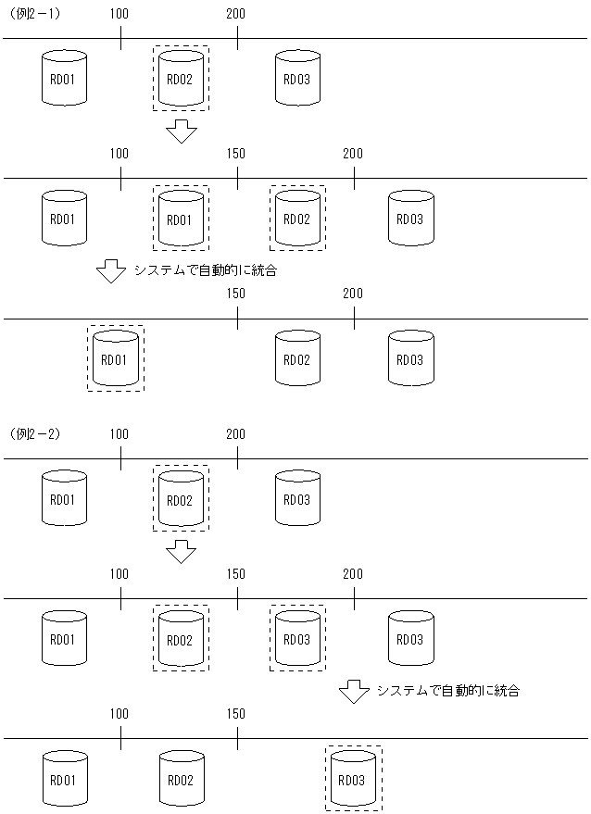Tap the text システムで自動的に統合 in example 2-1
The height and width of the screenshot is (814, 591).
tap(205, 271)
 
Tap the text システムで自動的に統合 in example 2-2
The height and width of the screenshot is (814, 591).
tap(447, 691)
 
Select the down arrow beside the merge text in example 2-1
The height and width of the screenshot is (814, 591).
tap(111, 271)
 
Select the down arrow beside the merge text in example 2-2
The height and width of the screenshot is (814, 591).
tap(353, 691)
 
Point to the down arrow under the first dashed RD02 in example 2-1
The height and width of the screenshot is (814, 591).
tap(182, 131)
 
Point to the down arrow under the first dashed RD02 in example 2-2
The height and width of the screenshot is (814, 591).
tap(182, 551)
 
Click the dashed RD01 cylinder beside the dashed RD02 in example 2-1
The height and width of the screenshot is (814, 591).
tap(180, 219)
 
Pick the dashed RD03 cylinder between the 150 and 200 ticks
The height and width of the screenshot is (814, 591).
tap(296, 639)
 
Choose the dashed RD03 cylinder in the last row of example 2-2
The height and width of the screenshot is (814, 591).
tap(354, 779)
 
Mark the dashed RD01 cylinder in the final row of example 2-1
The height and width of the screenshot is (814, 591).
tap(115, 358)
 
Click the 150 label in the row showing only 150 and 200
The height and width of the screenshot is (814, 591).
tap(236, 294)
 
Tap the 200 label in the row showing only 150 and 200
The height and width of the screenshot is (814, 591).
tap(353, 294)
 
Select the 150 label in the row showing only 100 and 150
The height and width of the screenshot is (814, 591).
tap(236, 714)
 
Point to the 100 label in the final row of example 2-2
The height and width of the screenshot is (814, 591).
tap(119, 714)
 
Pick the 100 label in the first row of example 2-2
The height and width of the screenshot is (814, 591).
tap(119, 433)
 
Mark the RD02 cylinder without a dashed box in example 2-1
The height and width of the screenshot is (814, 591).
tap(296, 358)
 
